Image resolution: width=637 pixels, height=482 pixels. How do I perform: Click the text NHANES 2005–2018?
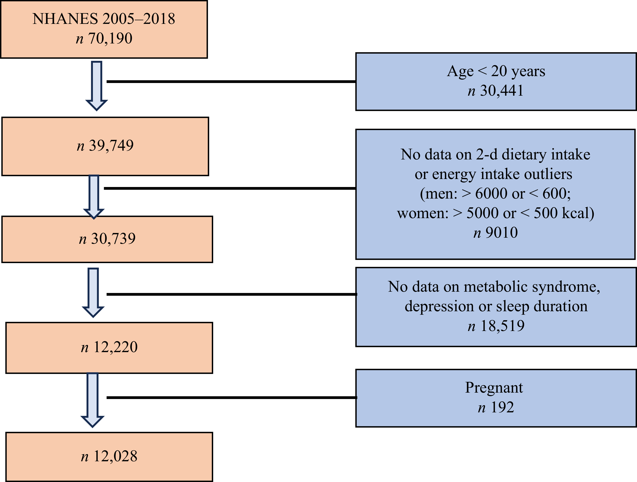104,19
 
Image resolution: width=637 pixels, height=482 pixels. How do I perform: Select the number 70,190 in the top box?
110,38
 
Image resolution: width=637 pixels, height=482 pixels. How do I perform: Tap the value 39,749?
111,146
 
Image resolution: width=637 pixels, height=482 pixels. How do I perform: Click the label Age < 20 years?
496,71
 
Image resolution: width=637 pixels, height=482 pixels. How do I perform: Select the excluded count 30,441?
502,91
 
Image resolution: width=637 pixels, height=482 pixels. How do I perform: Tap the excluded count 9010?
502,233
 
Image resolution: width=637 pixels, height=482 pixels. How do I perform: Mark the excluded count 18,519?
502,326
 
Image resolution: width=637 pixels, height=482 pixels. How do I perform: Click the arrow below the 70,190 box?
96,86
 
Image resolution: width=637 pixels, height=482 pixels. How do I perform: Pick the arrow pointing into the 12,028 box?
93,400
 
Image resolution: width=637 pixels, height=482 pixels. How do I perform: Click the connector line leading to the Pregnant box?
232,397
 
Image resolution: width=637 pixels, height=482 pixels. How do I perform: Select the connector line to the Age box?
231,82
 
